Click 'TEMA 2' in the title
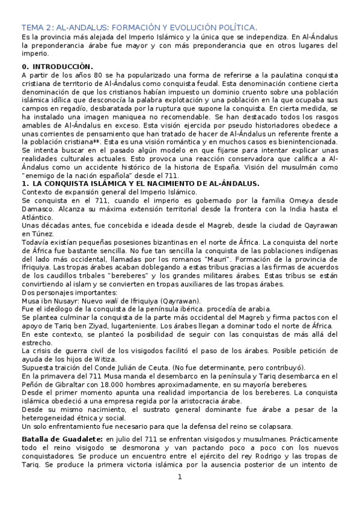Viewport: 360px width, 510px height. click(x=37, y=28)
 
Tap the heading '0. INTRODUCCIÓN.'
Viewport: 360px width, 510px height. click(x=57, y=64)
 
